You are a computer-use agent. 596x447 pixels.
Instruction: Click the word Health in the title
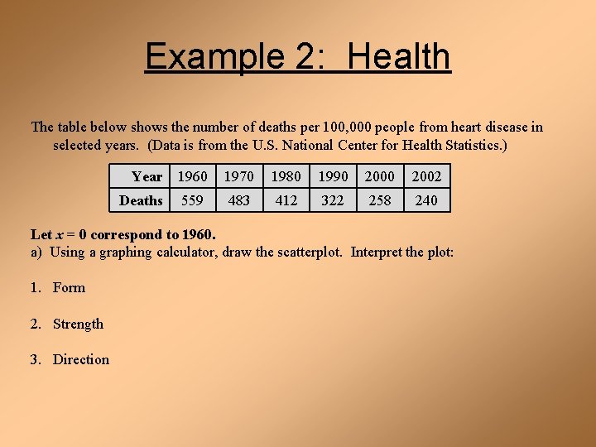[399, 57]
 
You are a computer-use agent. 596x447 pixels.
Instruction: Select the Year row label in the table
[147, 176]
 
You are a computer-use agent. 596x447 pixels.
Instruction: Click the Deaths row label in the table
[141, 200]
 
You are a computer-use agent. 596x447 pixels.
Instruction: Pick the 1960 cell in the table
[193, 176]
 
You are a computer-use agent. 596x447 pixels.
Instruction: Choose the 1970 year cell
[239, 176]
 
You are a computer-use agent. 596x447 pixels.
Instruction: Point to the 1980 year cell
[286, 176]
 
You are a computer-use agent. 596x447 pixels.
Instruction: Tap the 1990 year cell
[333, 176]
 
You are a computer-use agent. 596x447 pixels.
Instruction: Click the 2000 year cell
[380, 176]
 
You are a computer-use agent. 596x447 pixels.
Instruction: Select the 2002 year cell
[426, 176]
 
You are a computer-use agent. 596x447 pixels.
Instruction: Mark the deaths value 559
[193, 200]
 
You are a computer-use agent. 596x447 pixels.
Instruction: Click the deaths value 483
[239, 200]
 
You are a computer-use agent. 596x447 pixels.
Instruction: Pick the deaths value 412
[286, 200]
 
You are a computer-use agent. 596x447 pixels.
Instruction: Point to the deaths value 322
[333, 200]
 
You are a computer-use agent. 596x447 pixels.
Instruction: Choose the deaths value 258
[380, 200]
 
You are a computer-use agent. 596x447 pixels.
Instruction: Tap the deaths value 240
[426, 200]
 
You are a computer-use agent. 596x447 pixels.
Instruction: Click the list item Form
[69, 288]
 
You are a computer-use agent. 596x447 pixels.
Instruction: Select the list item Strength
[78, 324]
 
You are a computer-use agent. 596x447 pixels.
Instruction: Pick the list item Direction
[81, 359]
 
